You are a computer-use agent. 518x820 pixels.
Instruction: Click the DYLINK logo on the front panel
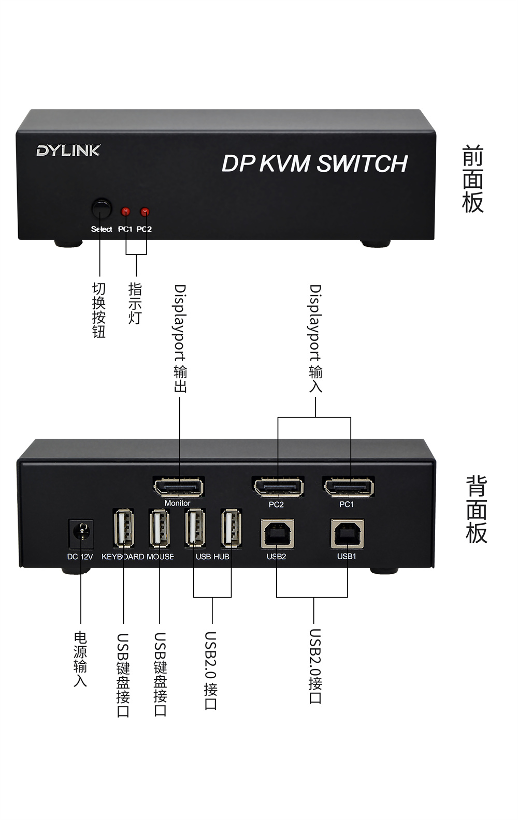(68, 151)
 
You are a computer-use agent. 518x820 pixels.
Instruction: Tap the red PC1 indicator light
(125, 212)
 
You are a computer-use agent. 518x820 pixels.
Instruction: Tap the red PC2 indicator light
(145, 212)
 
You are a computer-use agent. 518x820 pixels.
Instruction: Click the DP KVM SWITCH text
(314, 163)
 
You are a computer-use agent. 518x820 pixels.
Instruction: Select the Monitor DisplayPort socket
(179, 487)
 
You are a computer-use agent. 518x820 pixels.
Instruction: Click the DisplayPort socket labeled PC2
(278, 487)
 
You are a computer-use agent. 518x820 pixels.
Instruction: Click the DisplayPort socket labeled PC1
(349, 487)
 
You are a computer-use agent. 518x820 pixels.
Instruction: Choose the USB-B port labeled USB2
(277, 534)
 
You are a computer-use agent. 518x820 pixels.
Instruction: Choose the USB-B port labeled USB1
(348, 534)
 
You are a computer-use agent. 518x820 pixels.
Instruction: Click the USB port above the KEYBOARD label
(123, 528)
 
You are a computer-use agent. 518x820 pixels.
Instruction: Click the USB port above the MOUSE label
(160, 528)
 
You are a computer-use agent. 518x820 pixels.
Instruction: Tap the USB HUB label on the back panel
(212, 557)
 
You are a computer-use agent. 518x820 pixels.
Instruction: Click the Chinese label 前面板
(472, 179)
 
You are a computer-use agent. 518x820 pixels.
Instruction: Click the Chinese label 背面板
(476, 510)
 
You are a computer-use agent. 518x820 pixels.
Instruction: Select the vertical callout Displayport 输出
(180, 337)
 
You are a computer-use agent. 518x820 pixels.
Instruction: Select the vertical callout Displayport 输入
(315, 337)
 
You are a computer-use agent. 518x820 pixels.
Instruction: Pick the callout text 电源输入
(80, 659)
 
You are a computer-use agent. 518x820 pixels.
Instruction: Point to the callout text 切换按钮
(99, 310)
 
